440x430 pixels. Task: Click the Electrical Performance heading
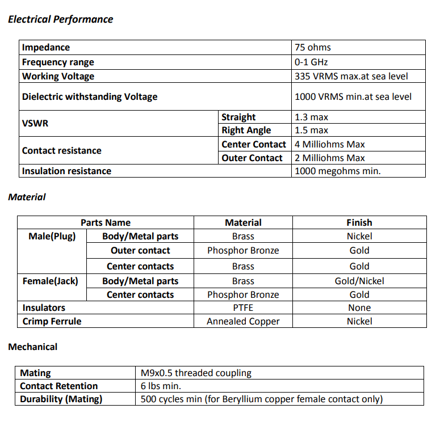click(x=60, y=19)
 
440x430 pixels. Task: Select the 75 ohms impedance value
click(x=313, y=48)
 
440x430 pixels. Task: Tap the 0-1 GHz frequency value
click(x=311, y=62)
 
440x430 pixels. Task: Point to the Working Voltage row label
click(x=58, y=77)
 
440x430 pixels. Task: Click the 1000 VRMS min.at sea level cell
click(x=353, y=97)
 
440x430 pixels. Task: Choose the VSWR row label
click(x=35, y=123)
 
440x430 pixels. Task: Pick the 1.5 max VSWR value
click(x=312, y=130)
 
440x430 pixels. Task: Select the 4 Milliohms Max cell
click(x=330, y=145)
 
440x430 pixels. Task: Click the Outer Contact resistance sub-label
click(x=252, y=158)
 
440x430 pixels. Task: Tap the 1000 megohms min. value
click(x=338, y=171)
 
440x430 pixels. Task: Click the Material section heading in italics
click(x=27, y=197)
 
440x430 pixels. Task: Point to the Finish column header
click(x=359, y=223)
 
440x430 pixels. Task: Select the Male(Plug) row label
click(x=52, y=237)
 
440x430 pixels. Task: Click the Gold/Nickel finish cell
click(x=359, y=281)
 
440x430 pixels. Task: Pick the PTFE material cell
click(x=243, y=308)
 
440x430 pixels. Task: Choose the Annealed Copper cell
click(x=243, y=322)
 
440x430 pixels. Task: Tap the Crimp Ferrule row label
click(x=52, y=322)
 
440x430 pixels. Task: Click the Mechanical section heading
click(x=32, y=347)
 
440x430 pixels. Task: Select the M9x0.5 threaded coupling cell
click(x=196, y=373)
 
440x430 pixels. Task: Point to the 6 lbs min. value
click(x=161, y=386)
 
